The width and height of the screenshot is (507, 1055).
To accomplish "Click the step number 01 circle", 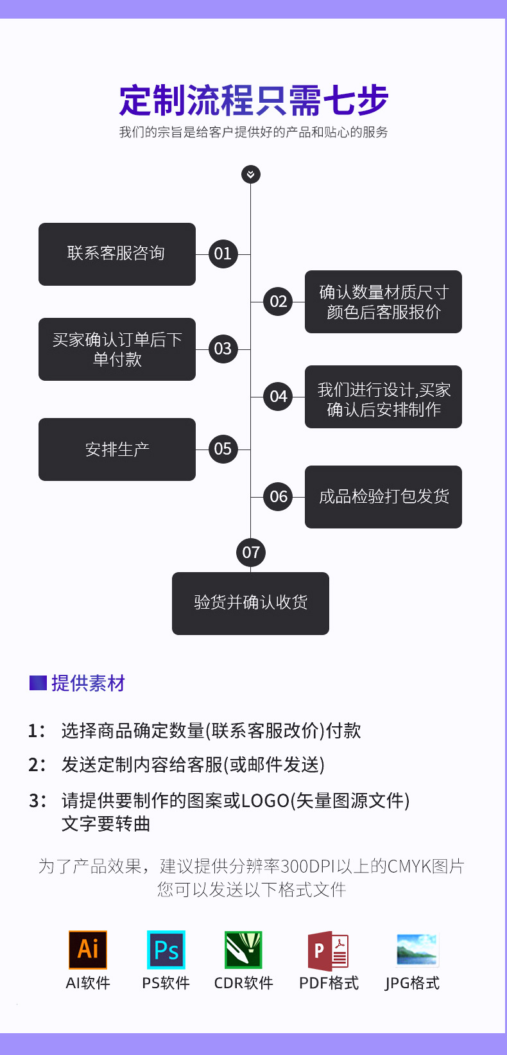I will click(x=223, y=254).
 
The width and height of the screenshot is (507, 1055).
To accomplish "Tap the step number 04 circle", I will click(x=278, y=396).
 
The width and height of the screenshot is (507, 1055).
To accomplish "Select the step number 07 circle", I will click(x=251, y=552).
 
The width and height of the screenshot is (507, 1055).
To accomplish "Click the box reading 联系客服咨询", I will click(x=117, y=254).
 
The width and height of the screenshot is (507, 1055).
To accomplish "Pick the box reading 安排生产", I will click(x=117, y=449).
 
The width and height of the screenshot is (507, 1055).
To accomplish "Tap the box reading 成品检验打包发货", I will click(x=383, y=496).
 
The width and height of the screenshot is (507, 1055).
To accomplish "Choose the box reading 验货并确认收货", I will click(x=250, y=603).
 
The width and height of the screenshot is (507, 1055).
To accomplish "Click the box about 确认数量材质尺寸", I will click(x=383, y=301).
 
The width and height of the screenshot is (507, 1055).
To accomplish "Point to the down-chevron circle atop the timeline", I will click(x=251, y=174).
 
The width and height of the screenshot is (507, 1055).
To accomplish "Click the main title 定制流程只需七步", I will click(x=253, y=101).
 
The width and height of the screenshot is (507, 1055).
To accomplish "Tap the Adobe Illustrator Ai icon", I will click(x=88, y=949).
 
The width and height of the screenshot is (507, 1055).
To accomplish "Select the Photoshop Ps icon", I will click(x=166, y=949).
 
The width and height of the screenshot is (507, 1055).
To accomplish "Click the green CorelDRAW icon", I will click(x=243, y=949).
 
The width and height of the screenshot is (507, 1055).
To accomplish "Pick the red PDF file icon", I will click(x=328, y=950).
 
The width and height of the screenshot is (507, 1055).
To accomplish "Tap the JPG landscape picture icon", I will click(x=417, y=949).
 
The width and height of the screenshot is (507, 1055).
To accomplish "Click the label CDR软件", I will click(x=243, y=983).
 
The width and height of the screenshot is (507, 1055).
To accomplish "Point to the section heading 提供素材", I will click(x=88, y=683).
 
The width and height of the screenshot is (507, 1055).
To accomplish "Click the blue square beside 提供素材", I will click(x=38, y=683).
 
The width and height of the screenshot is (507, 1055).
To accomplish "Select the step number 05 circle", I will click(x=223, y=449).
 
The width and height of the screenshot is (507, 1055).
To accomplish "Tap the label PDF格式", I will click(x=329, y=983).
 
